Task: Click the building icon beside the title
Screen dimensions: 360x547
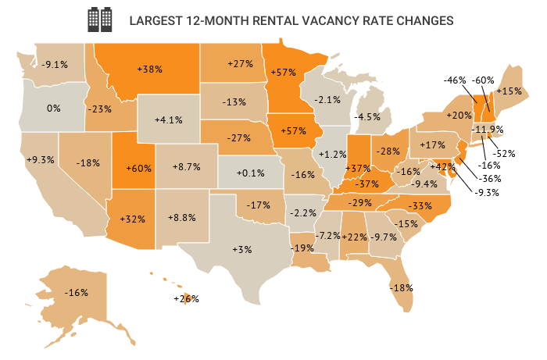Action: pyautogui.click(x=100, y=19)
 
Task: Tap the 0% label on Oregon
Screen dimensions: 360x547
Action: pyautogui.click(x=54, y=108)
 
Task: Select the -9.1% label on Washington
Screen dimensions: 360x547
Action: pyautogui.click(x=54, y=64)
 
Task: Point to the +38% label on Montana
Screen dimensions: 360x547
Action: pyautogui.click(x=149, y=69)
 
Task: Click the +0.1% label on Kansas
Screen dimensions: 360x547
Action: pyautogui.click(x=250, y=173)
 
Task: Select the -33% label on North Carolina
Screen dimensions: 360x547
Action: pyautogui.click(x=420, y=205)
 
